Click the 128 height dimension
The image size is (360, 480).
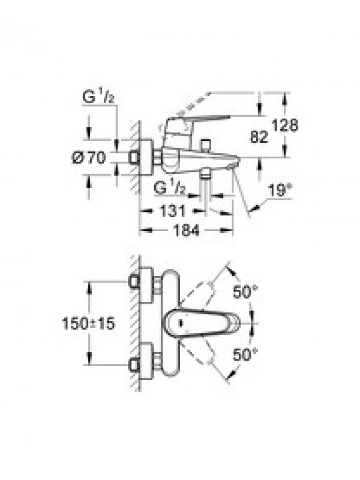[x=284, y=125]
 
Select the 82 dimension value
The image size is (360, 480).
[x=259, y=137]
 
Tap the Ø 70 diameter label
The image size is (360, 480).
[x=89, y=158]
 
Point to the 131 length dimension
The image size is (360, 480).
[x=172, y=211]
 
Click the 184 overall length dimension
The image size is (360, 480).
[x=186, y=230]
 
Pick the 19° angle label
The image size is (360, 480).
[x=278, y=191]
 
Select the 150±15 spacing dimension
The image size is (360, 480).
[x=88, y=323]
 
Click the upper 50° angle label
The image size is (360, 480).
[x=245, y=292]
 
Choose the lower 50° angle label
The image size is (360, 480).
[x=245, y=355]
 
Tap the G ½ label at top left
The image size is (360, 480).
[x=98, y=97]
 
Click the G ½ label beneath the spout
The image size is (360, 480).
[x=170, y=187]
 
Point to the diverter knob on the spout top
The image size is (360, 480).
[x=205, y=145]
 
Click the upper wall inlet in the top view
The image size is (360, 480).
[x=134, y=281]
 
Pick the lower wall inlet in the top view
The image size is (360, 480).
[x=134, y=365]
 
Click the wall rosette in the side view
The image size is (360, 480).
[x=146, y=158]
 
